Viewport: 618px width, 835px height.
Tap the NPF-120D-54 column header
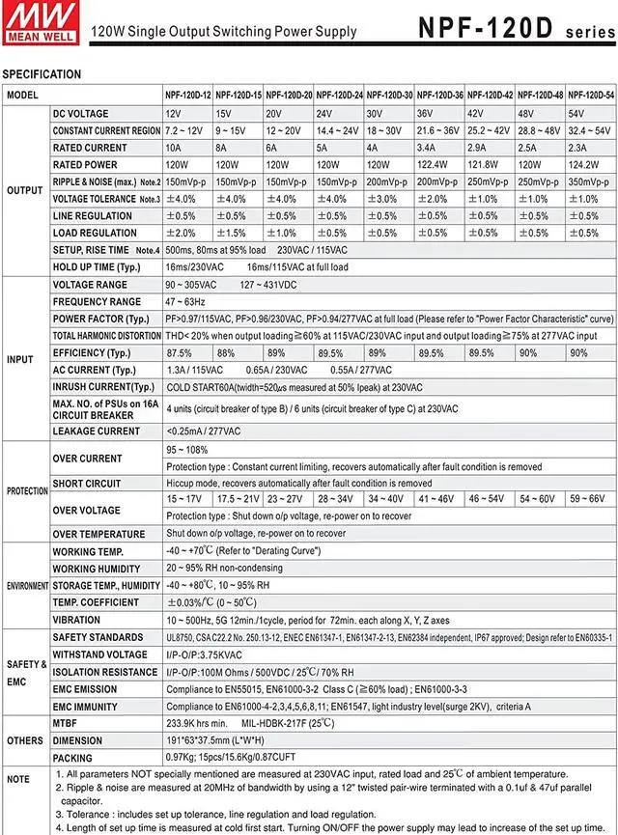tap(591, 96)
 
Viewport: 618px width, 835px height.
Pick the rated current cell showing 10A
tap(174, 148)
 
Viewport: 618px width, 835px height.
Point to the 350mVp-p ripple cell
tap(590, 181)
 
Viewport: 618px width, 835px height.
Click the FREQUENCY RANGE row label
tap(97, 302)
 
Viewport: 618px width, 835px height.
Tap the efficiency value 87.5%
tap(180, 353)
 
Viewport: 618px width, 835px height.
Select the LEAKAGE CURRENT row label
tap(96, 431)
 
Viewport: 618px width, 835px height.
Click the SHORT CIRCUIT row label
tap(88, 484)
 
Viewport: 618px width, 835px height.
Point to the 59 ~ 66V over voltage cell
tap(587, 499)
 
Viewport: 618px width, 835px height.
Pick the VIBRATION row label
tap(76, 620)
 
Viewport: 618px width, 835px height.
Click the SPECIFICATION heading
tap(42, 74)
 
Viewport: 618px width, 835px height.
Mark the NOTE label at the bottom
tap(18, 777)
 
